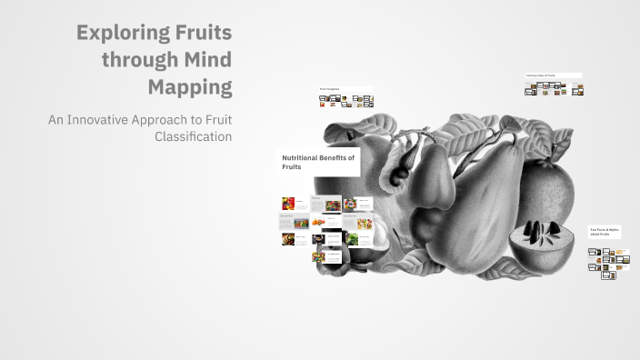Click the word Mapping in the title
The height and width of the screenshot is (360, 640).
(190, 88)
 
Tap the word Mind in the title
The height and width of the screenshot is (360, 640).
(205, 61)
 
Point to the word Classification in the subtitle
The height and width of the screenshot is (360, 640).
(194, 136)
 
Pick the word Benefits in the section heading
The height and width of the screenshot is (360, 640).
(340, 157)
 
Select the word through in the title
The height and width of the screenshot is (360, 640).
(139, 61)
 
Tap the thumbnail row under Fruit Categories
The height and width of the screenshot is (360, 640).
(345, 101)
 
